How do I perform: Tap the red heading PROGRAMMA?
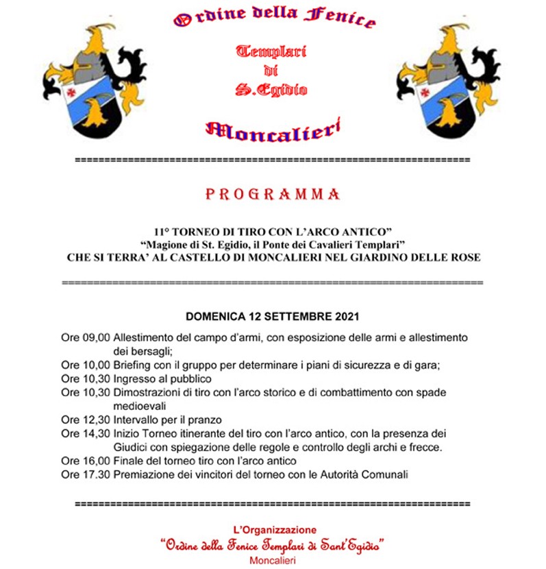(273, 195)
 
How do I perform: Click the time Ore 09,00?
(85, 338)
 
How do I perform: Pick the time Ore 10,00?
(85, 365)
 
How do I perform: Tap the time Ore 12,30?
(85, 420)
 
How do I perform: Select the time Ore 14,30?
(85, 433)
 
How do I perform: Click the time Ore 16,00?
(85, 461)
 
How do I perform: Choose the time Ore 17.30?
(85, 474)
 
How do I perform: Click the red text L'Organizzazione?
(273, 529)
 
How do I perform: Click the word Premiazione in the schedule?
(142, 474)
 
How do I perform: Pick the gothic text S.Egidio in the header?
(271, 90)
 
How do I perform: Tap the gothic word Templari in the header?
(271, 51)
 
